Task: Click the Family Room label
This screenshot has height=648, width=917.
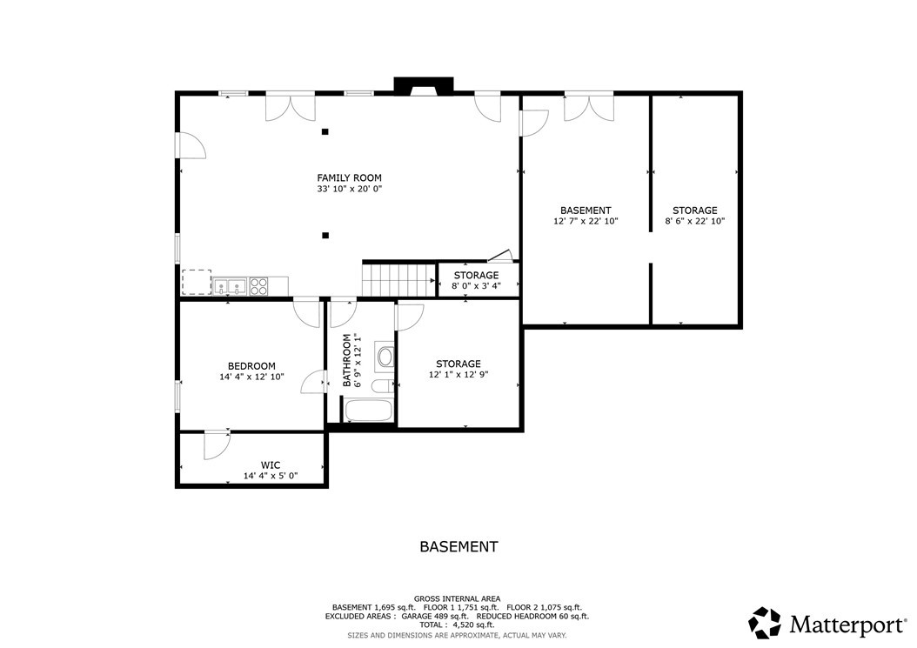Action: [349, 177]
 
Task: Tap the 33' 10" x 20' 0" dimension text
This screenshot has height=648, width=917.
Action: [349, 189]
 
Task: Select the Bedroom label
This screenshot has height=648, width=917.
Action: [251, 367]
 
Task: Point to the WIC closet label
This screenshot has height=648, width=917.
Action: [271, 465]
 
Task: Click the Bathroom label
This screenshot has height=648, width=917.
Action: [347, 360]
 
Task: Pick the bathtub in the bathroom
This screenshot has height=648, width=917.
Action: [368, 410]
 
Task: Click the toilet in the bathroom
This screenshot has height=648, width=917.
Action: [383, 386]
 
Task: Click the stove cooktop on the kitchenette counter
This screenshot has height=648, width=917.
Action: [258, 286]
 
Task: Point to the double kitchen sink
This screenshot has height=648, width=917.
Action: [230, 286]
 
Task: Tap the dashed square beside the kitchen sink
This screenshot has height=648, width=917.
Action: [197, 282]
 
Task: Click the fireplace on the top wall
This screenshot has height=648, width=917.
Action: [424, 85]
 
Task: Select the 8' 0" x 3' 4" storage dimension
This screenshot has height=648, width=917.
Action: [476, 286]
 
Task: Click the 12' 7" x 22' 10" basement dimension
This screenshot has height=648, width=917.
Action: [586, 222]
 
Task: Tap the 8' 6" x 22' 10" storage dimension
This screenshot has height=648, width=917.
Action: [695, 222]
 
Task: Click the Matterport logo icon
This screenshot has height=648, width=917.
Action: [765, 623]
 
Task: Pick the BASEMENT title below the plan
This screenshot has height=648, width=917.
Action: [459, 547]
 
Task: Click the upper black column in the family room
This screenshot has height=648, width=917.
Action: [325, 131]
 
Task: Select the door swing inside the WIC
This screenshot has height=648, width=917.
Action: [217, 446]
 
